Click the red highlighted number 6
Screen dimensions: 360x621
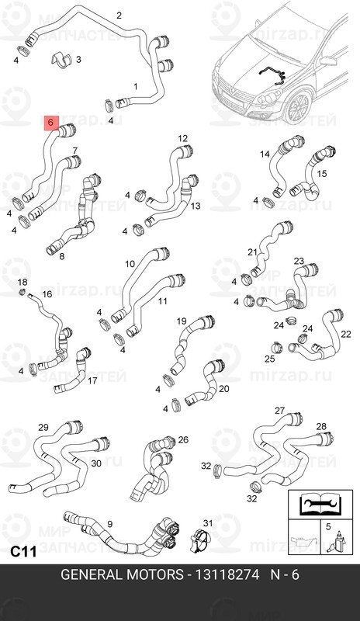point(50,123)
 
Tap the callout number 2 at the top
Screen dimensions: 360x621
point(119,16)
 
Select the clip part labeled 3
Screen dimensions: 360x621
point(61,60)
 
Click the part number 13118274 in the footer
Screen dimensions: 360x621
point(226,574)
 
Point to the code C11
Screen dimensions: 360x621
point(23,551)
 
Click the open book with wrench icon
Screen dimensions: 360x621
point(320,504)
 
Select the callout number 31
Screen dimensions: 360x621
point(207,523)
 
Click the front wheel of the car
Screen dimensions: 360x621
point(297,108)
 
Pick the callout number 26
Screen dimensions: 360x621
point(183,439)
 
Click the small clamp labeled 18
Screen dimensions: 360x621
point(22,293)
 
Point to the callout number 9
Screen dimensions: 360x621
point(109,524)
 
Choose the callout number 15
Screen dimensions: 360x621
point(322,174)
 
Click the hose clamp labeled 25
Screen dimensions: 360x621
point(276,347)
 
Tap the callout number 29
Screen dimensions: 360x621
point(43,428)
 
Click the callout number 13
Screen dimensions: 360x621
point(196,206)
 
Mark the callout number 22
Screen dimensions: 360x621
point(346,334)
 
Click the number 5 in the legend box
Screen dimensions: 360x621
point(328,527)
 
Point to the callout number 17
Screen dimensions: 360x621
point(92,381)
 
